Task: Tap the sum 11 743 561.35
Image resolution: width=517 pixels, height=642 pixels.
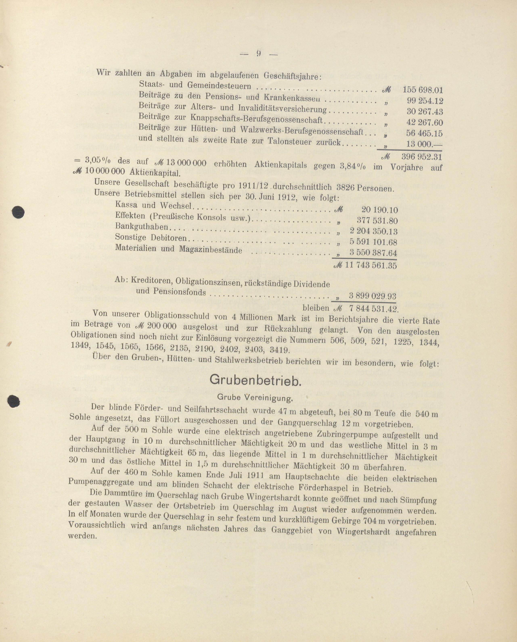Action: [x=371, y=265]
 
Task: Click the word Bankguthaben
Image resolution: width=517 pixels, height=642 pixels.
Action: [x=141, y=227]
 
